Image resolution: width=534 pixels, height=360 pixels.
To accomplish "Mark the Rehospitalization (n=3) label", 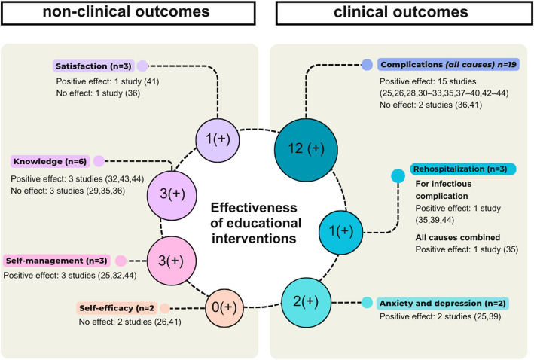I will coord(453,170).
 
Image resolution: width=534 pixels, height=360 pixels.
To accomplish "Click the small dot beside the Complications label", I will coord(367,65).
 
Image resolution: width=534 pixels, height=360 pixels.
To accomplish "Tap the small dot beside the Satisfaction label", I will coord(142,65).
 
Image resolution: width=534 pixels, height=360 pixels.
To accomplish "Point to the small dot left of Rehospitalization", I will coord(398,176).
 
